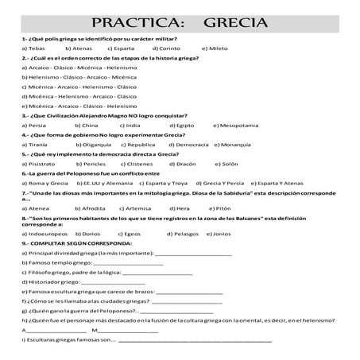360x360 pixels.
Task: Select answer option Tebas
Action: pyautogui.click(x=34, y=48)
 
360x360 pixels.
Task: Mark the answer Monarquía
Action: pyautogui.click(x=242, y=147)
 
